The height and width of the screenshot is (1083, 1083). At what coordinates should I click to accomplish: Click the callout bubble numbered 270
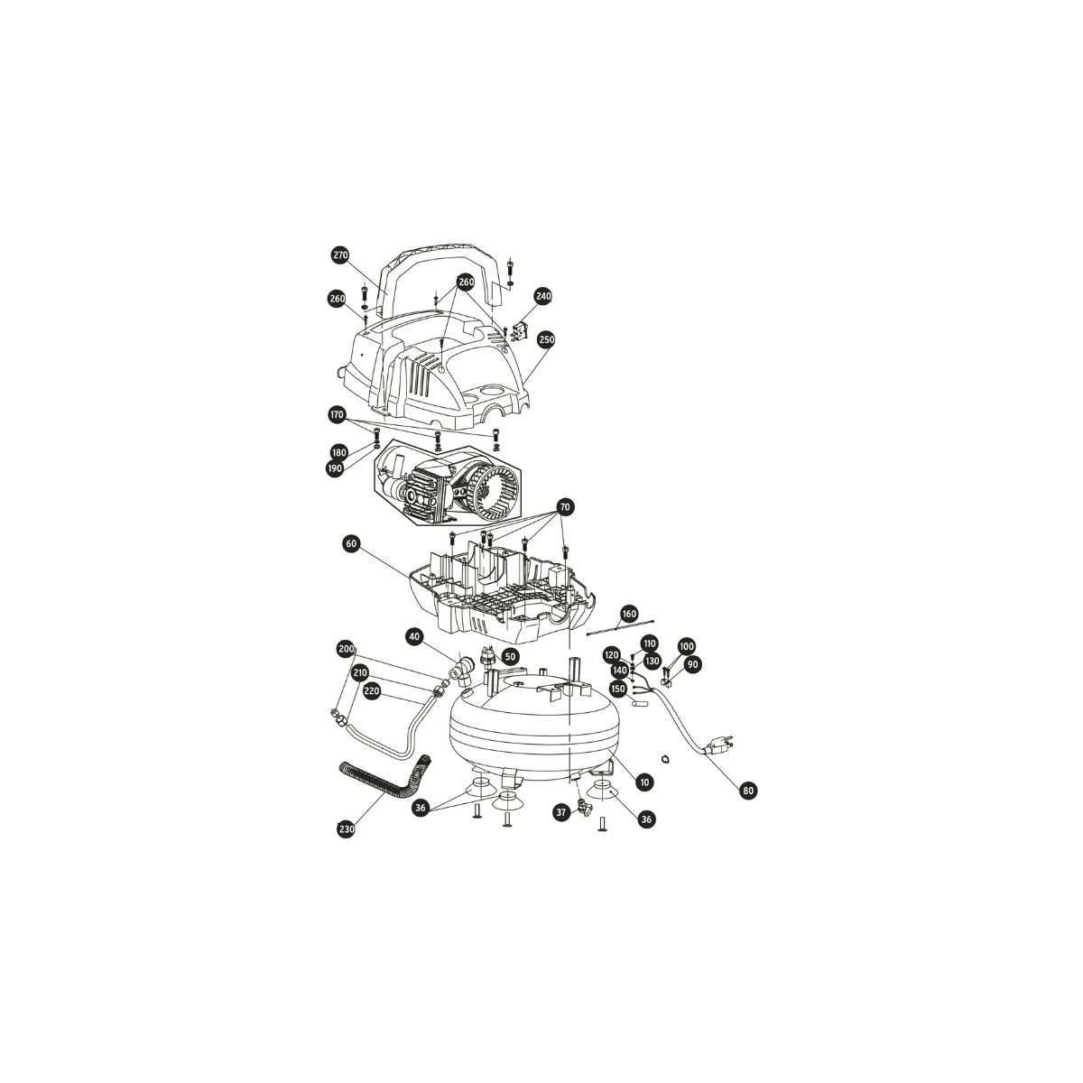pos(340,255)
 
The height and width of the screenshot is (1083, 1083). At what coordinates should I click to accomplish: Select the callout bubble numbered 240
pos(543,296)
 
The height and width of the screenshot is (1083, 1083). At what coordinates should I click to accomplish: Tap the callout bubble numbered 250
pos(546,339)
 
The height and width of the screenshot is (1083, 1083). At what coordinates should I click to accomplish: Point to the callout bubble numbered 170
pos(337,415)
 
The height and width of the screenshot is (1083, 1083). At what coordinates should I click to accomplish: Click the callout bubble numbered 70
pos(565,507)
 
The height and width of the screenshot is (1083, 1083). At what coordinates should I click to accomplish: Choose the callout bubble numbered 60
pos(352,544)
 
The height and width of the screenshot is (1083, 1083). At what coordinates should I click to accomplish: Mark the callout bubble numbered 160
pos(629,614)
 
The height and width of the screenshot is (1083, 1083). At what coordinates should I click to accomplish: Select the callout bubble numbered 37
pos(560,812)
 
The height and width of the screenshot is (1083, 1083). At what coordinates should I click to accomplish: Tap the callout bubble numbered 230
pos(347,829)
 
